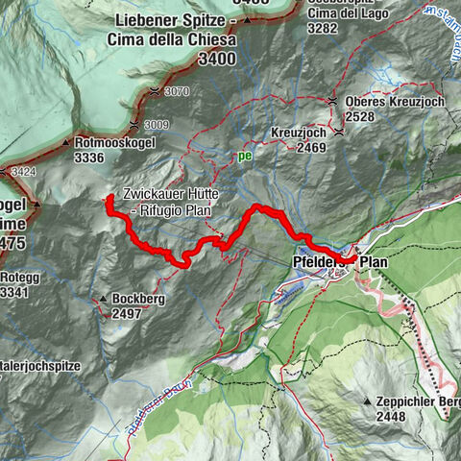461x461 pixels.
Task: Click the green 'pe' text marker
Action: point(245,154)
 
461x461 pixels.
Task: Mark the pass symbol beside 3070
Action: point(155,90)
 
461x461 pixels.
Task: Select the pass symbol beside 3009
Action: point(132,125)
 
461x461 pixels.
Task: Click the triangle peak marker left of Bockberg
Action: point(102,299)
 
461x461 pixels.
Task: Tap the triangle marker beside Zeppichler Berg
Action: point(368,400)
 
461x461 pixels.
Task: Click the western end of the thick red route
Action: point(109,199)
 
